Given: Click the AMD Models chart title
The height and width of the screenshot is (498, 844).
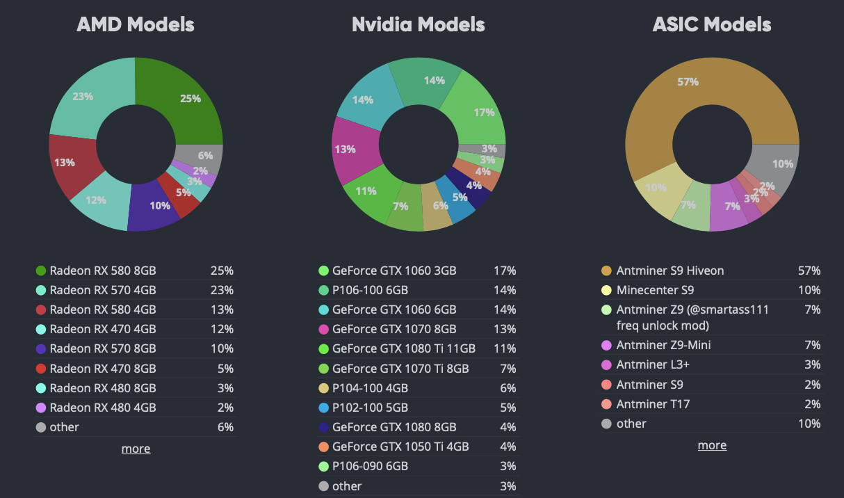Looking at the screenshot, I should (x=135, y=25).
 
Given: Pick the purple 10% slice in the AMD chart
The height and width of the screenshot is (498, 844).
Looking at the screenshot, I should (x=156, y=204).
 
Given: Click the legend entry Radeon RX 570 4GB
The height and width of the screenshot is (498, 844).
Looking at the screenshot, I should (x=102, y=290).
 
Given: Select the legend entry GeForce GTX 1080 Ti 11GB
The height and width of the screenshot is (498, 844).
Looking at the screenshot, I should (x=403, y=348).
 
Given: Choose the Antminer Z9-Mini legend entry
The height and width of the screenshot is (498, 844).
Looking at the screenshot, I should (x=663, y=345).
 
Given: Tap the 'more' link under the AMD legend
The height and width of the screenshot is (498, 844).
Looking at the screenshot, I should (x=136, y=449).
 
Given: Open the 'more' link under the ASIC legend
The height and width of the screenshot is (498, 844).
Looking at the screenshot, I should (x=712, y=445).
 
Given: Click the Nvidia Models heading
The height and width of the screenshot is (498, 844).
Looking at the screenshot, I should (x=418, y=25).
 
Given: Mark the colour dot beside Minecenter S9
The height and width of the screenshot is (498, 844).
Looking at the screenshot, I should (x=606, y=290).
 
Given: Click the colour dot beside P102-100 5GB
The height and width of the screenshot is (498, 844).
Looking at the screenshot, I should (x=323, y=408).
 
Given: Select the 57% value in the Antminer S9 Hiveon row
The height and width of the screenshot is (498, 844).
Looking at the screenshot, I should (x=809, y=271).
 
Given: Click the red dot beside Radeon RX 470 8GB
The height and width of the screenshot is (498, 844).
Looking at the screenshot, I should (x=40, y=369).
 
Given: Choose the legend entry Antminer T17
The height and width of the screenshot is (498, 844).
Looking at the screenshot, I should (x=653, y=404).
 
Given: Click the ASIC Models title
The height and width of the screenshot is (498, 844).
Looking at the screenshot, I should (x=711, y=25).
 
